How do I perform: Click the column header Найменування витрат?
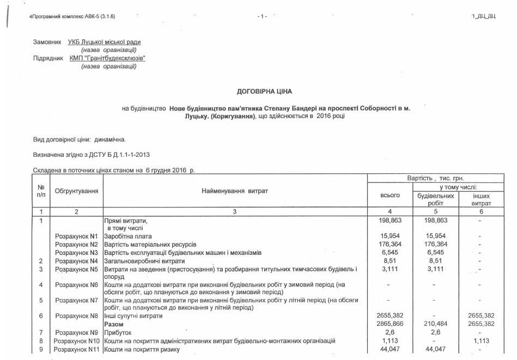point(235,191)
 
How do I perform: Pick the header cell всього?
point(389,195)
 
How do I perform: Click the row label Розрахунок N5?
point(76,269)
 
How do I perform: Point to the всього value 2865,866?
point(389,324)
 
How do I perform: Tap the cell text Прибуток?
point(118,332)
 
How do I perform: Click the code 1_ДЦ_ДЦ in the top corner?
point(483,16)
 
